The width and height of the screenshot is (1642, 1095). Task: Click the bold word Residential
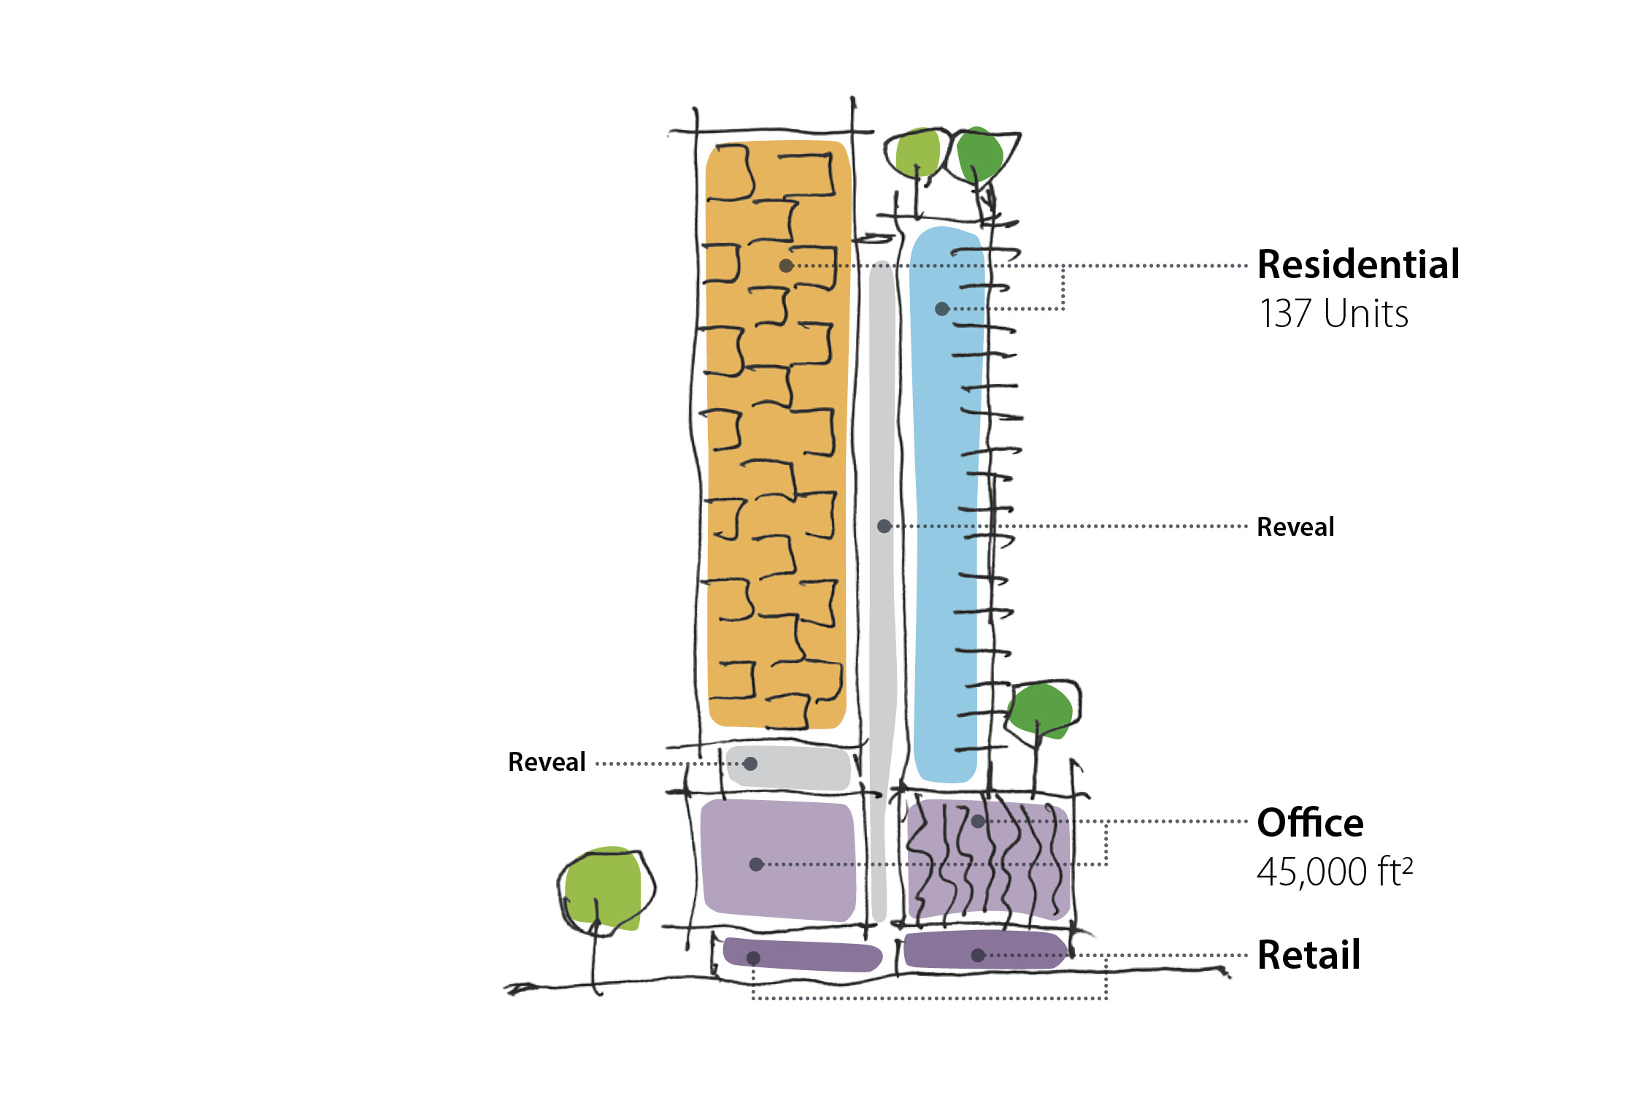pyautogui.click(x=1358, y=264)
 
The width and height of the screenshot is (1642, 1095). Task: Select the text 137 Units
pyautogui.click(x=1333, y=314)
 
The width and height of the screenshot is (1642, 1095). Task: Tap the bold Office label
pyautogui.click(x=1310, y=823)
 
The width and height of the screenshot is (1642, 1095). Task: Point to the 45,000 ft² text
pyautogui.click(x=1334, y=872)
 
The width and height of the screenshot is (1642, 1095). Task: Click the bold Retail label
pyautogui.click(x=1309, y=955)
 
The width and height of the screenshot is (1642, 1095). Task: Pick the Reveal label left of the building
pyautogui.click(x=547, y=762)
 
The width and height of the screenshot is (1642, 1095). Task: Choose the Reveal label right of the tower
pyautogui.click(x=1295, y=527)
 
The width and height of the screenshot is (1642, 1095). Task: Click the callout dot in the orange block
pyautogui.click(x=786, y=266)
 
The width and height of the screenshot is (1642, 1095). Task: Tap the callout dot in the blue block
pyautogui.click(x=942, y=309)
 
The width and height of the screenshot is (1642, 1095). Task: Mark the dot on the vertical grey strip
pyautogui.click(x=884, y=526)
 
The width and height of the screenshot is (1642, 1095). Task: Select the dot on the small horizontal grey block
pyautogui.click(x=750, y=764)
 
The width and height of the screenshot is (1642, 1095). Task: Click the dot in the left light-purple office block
pyautogui.click(x=756, y=864)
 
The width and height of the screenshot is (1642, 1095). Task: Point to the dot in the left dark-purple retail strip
pyautogui.click(x=753, y=958)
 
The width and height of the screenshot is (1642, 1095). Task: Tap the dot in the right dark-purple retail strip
pyautogui.click(x=978, y=955)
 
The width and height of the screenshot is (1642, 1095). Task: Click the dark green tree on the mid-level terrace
pyautogui.click(x=1041, y=710)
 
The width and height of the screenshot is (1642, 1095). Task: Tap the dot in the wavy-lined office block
pyautogui.click(x=978, y=821)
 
